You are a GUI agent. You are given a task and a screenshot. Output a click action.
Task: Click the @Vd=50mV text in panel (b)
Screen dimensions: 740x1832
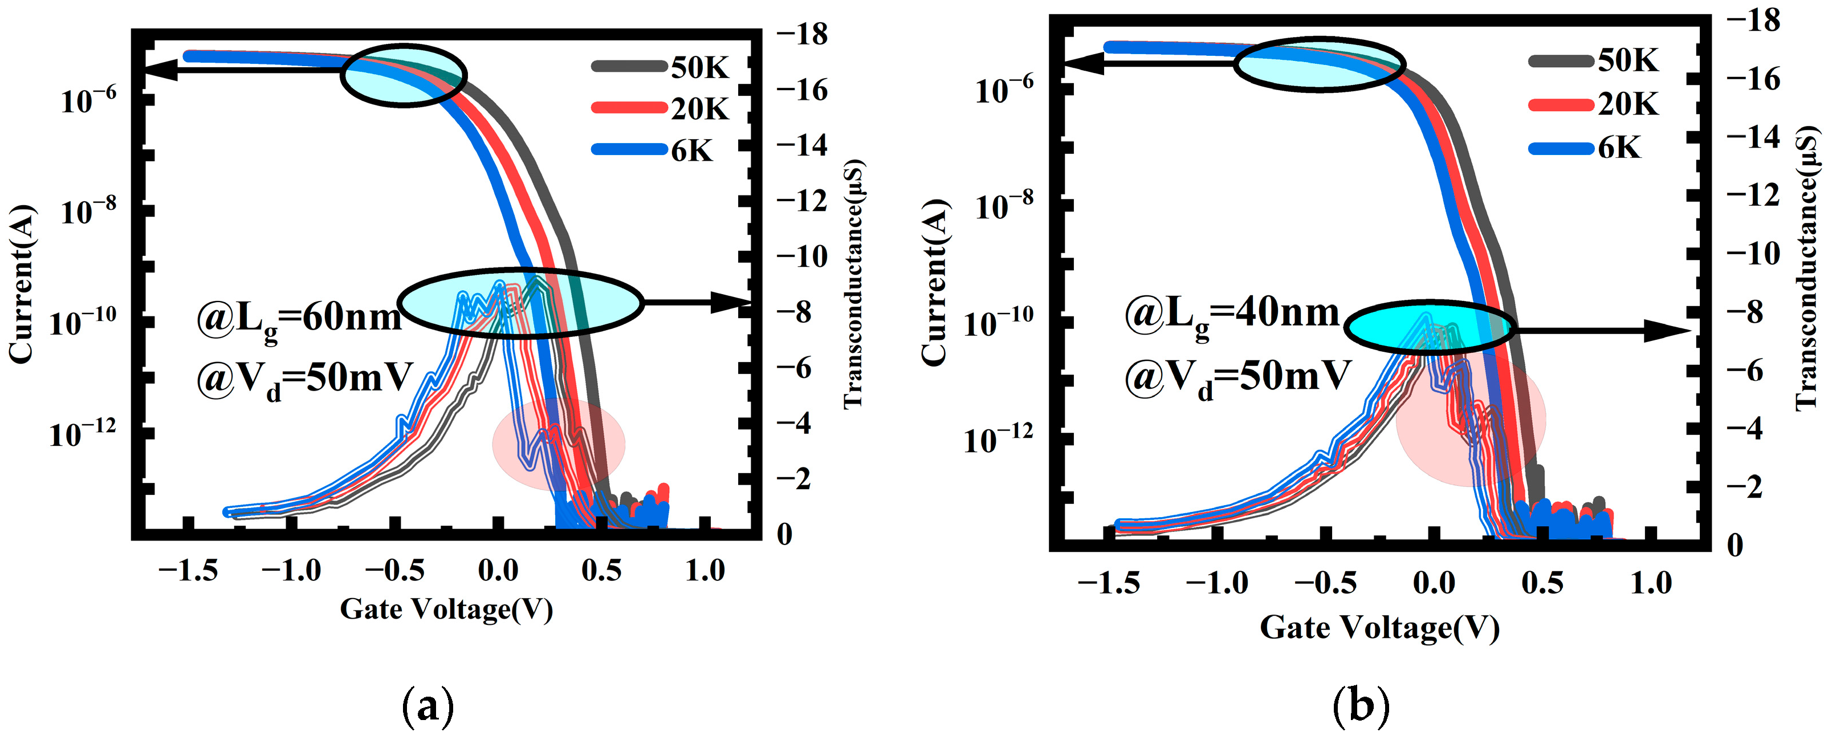coord(1237,376)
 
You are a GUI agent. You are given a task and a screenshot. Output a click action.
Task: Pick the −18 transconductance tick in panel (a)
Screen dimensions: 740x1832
coord(801,34)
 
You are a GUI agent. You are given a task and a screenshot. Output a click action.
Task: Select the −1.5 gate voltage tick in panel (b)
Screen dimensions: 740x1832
coord(1108,583)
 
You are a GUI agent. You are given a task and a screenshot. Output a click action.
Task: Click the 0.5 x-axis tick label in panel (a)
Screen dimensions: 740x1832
coord(601,570)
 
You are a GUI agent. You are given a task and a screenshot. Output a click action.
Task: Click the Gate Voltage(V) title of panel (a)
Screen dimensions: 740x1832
coord(446,609)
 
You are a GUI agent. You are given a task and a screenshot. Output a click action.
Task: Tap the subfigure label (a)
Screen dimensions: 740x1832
coord(428,706)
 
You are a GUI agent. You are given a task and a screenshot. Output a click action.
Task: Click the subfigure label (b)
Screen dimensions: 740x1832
coord(1361,706)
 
